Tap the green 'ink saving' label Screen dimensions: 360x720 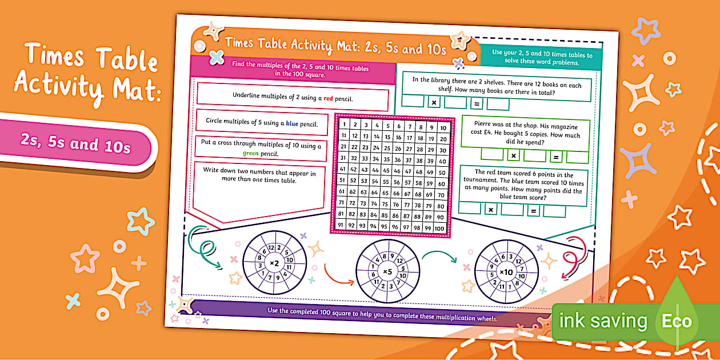click(603, 321)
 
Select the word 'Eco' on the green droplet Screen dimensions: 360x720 click(677, 321)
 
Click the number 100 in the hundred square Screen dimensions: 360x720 click(439, 229)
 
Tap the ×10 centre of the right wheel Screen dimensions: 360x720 click(506, 272)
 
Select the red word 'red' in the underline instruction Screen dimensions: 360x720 click(328, 98)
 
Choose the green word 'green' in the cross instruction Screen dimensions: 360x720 click(251, 153)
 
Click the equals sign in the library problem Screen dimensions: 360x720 click(476, 103)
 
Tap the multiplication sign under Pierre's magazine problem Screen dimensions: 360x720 click(513, 155)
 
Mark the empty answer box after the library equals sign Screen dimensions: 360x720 click(498, 103)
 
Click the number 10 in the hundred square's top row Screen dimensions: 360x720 click(443, 128)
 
